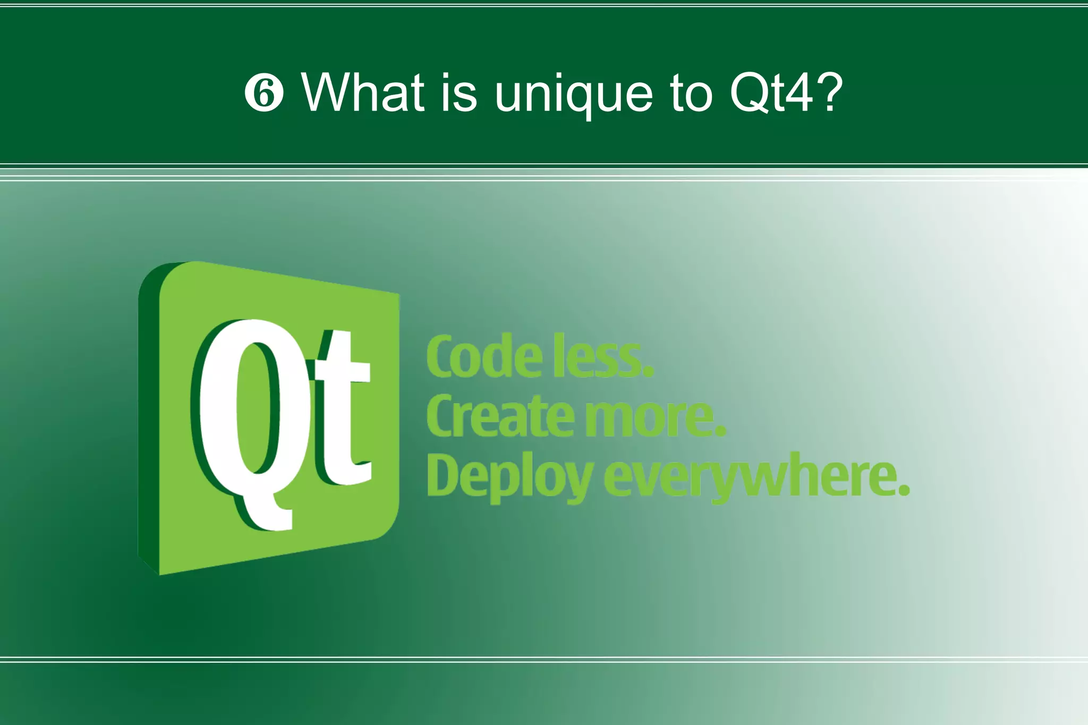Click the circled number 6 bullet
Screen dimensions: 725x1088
(264, 93)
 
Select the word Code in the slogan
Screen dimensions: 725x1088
(484, 357)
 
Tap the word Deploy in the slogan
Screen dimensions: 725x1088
(510, 477)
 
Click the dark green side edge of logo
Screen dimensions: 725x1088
(148, 420)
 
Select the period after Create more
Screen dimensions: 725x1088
(720, 431)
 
